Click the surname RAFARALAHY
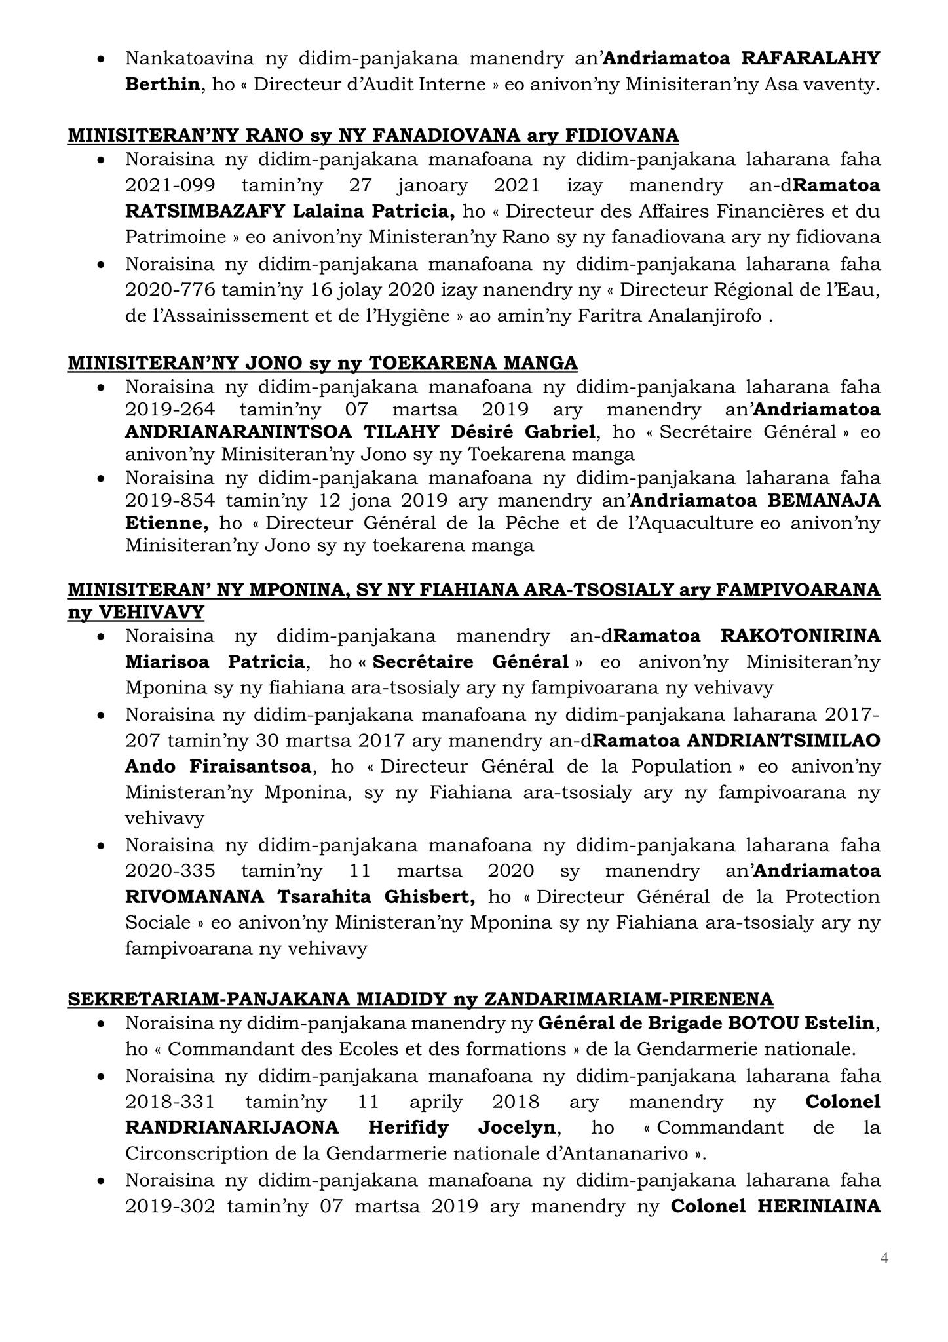pos(810,58)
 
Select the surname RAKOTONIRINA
pos(801,636)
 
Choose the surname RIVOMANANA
pos(195,896)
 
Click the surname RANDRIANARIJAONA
pos(232,1128)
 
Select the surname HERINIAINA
pos(819,1207)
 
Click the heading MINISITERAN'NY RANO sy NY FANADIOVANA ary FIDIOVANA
pos(373,136)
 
